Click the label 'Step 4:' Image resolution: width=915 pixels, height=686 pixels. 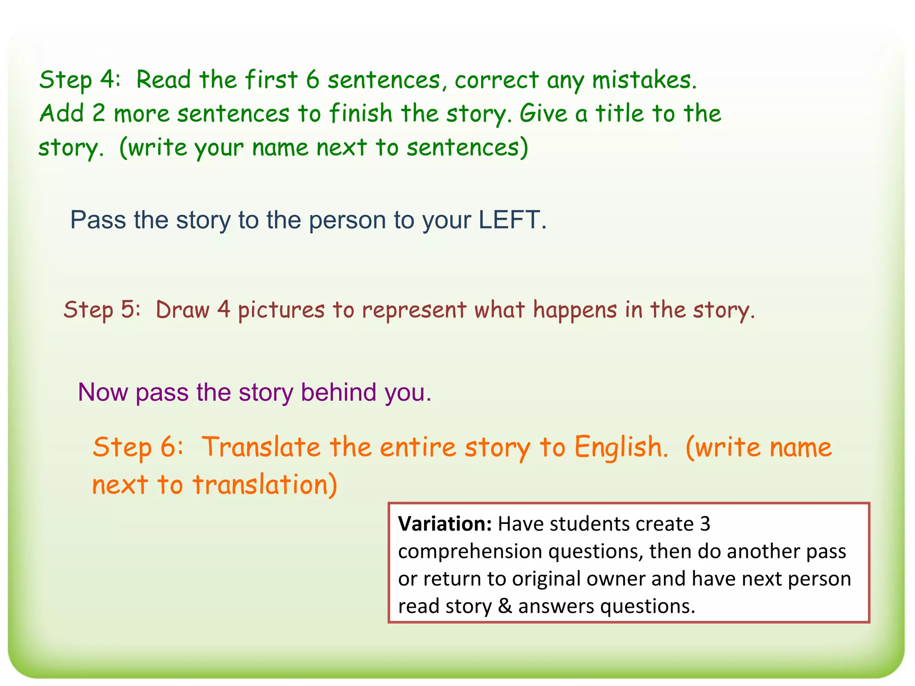(x=80, y=80)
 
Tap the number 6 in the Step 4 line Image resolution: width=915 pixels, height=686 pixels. (x=312, y=80)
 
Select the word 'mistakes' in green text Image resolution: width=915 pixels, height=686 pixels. (x=643, y=80)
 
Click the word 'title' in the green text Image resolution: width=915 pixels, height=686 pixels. (x=619, y=113)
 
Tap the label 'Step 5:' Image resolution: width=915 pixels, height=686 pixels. (x=102, y=310)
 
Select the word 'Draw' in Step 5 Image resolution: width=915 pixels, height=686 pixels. (x=182, y=310)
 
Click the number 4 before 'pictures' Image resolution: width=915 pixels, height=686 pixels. (x=223, y=310)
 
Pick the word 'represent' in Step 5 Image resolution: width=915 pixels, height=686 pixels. (x=414, y=310)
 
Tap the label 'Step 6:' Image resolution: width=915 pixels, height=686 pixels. (x=138, y=447)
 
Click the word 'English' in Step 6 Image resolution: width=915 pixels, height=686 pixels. (x=620, y=448)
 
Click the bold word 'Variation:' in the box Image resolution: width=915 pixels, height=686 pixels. (x=445, y=524)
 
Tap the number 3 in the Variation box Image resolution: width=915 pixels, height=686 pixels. (x=705, y=524)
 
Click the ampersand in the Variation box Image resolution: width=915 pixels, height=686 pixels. (x=504, y=607)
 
